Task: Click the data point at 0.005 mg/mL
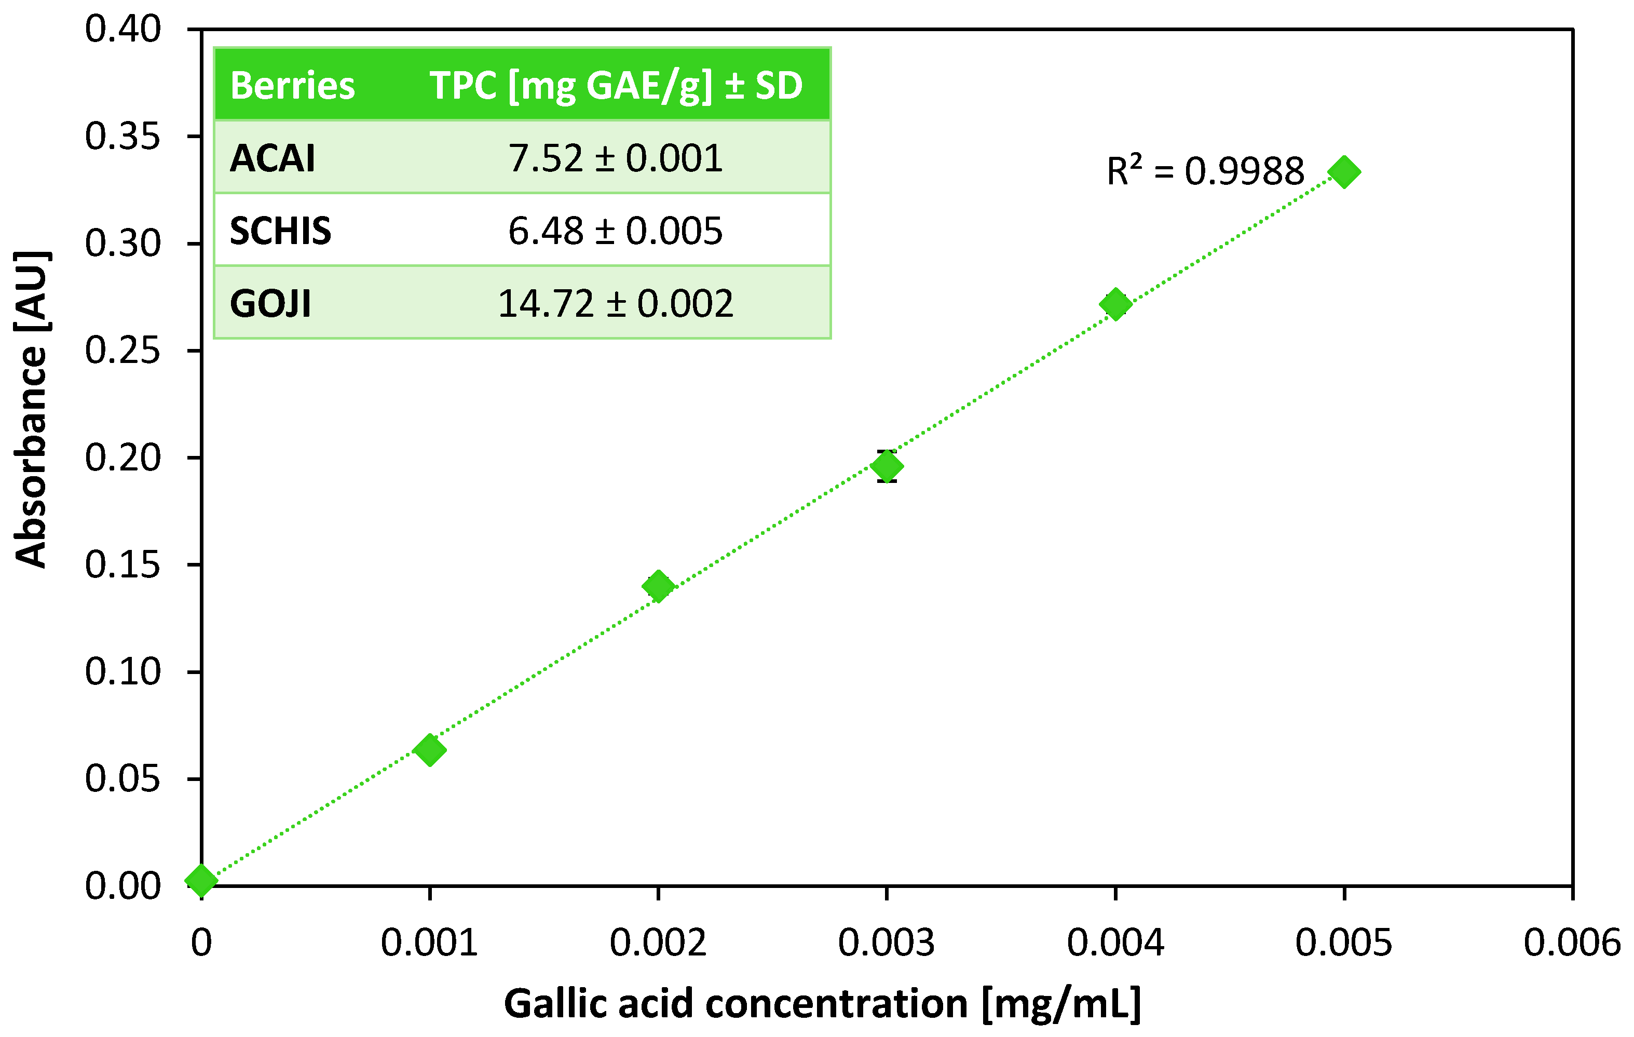(x=1343, y=172)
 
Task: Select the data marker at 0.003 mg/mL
(x=886, y=466)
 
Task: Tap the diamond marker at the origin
(x=201, y=880)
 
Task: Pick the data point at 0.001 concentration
(x=430, y=750)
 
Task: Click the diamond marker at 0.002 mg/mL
(x=658, y=586)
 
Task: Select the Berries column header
(x=292, y=86)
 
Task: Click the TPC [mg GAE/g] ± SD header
(x=616, y=86)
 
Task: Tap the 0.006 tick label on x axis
(x=1572, y=942)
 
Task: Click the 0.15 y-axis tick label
(x=123, y=564)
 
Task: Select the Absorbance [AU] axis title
(x=31, y=409)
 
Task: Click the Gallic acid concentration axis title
(x=822, y=1004)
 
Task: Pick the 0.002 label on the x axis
(x=658, y=942)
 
